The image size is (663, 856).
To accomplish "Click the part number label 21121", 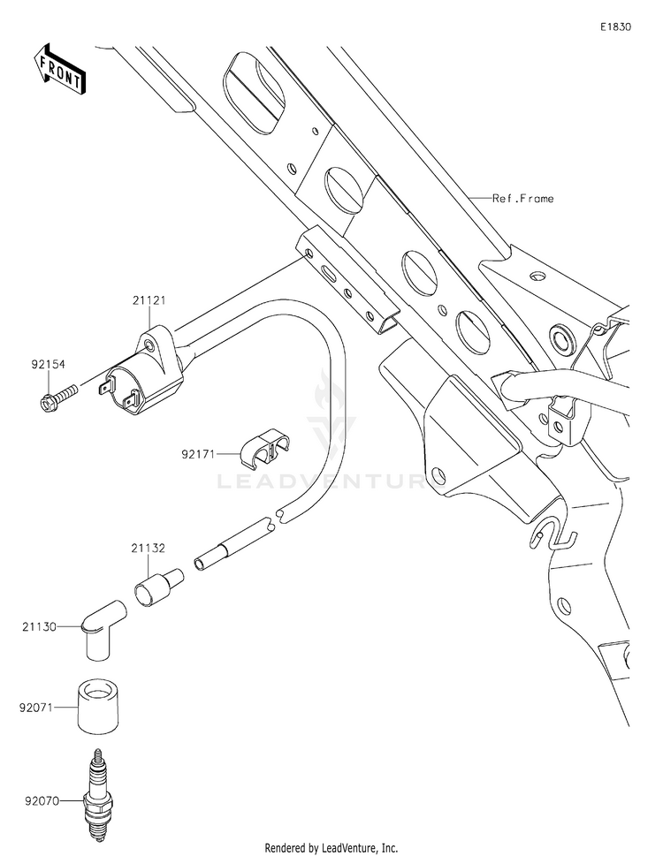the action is coord(149,300).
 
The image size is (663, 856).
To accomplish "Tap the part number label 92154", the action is coord(48,364).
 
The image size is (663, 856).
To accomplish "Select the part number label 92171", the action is coord(199,454).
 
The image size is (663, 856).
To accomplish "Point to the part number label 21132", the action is coord(148,548).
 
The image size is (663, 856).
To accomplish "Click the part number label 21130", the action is coord(39,627).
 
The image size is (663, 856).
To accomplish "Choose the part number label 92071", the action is coord(36,708).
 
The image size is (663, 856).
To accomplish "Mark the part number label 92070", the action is coord(42,802).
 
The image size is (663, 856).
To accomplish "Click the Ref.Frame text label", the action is coord(522,199).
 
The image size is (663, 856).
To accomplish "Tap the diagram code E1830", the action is coord(616,27).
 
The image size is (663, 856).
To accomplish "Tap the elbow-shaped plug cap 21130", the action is coord(103,630).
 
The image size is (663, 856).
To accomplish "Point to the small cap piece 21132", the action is coord(158,587).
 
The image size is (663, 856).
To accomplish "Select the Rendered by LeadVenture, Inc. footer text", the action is coord(331,848).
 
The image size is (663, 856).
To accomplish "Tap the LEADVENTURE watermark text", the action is coord(331,481).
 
